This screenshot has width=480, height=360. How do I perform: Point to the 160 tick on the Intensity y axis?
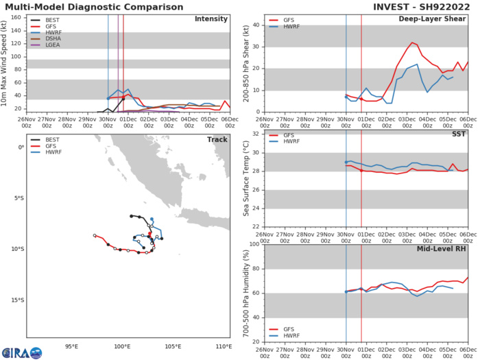click(x=19, y=16)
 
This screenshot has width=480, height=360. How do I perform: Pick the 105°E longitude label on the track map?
click(x=173, y=347)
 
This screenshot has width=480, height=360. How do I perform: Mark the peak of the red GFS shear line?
click(x=412, y=43)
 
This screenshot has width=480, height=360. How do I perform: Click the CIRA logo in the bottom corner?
click(x=22, y=352)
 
